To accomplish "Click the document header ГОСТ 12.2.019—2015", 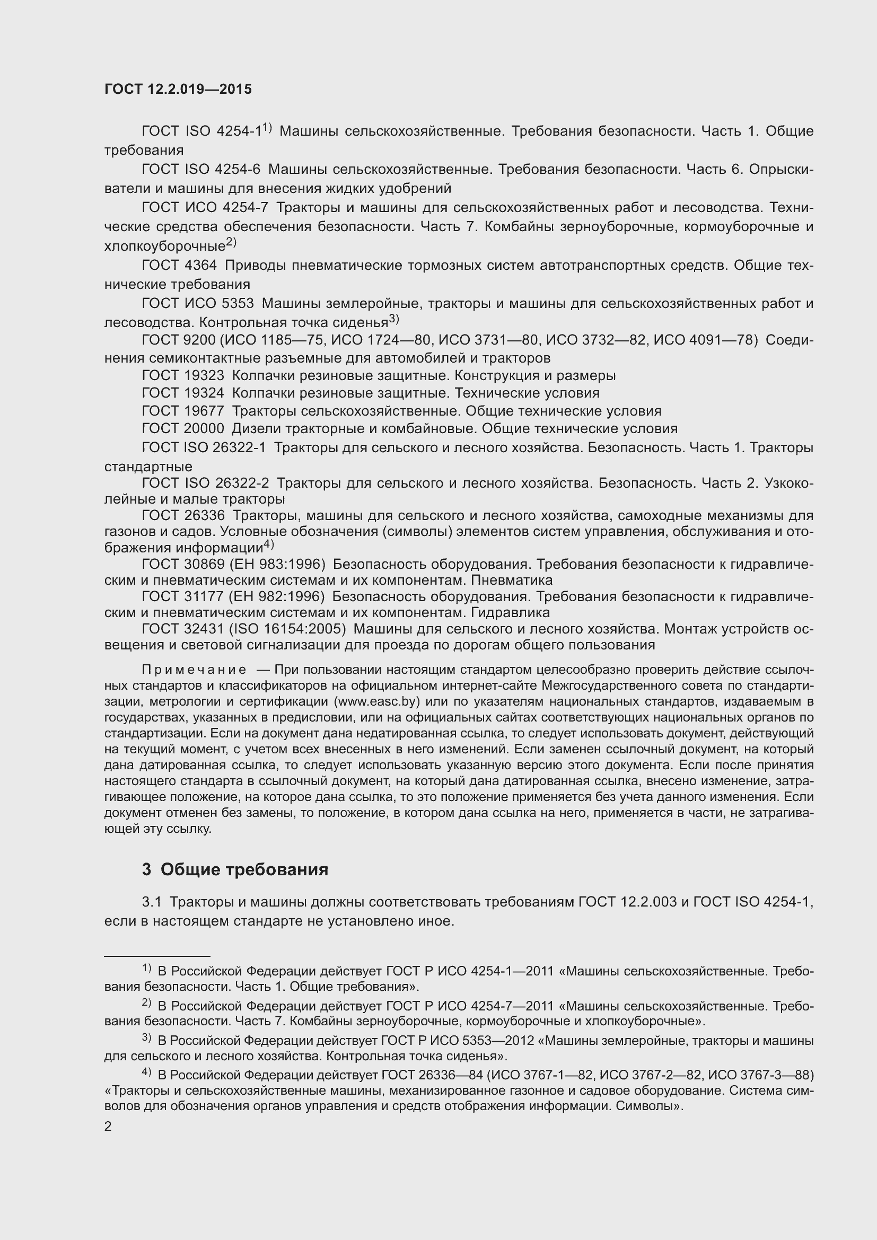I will [178, 89].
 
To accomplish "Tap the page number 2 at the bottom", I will [108, 1126].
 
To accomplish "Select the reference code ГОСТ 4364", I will [179, 265].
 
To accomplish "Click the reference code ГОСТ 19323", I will [183, 375].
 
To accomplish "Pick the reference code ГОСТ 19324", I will [183, 393].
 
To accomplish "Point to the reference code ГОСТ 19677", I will [183, 411].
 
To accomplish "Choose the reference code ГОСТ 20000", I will [183, 429].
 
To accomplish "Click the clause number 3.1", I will [152, 902].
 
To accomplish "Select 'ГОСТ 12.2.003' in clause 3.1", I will [627, 902].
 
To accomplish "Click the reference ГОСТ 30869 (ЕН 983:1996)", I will [233, 565].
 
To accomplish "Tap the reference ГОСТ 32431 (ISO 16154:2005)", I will [243, 629].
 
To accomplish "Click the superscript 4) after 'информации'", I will [269, 544].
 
